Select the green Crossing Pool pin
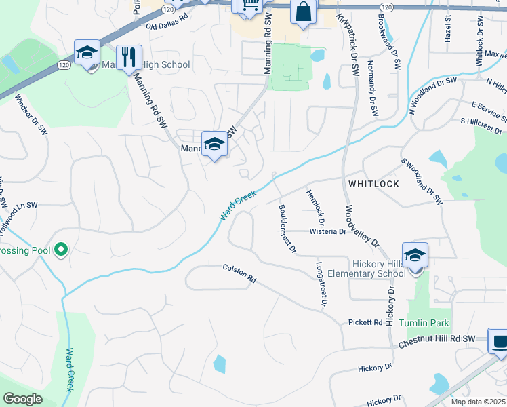coord(61,250)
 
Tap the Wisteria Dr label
coord(328,231)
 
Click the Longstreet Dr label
coord(321,284)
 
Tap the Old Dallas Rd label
coord(167,25)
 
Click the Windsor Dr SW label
coord(31,113)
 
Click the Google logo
coord(22,399)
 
